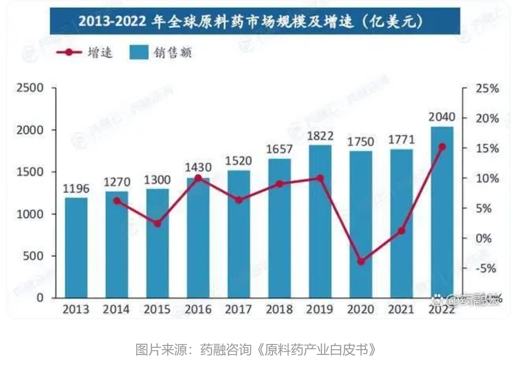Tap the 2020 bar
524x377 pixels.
click(x=361, y=225)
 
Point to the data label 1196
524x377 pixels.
click(x=76, y=189)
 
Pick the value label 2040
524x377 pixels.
click(x=442, y=118)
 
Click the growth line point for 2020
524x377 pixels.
click(x=361, y=262)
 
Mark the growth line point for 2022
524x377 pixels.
click(x=442, y=147)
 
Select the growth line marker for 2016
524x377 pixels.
click(x=198, y=178)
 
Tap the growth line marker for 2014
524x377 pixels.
click(x=117, y=201)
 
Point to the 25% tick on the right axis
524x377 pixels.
click(x=487, y=89)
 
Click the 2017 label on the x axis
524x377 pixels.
click(x=239, y=309)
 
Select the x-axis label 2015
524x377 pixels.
click(x=157, y=309)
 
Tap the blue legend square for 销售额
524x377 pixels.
click(x=139, y=52)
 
